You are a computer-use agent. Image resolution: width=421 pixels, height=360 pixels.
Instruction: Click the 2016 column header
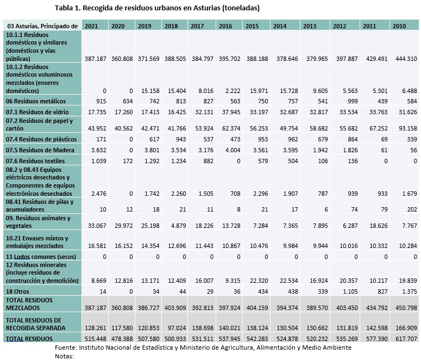pyautogui.click(x=224, y=26)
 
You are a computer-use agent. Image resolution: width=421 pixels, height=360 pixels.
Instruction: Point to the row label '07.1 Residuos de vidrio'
pyautogui.click(x=37, y=111)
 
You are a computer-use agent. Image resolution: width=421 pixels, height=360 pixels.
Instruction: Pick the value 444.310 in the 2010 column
pyautogui.click(x=403, y=58)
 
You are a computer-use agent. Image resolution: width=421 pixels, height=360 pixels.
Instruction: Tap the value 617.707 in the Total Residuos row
pyautogui.click(x=403, y=338)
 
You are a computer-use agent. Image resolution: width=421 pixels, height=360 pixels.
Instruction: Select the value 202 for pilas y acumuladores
pyautogui.click(x=411, y=209)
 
